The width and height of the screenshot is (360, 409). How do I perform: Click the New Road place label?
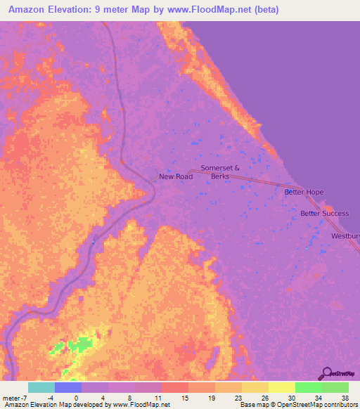[x=175, y=176]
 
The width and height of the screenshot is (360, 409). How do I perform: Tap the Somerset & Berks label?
[x=220, y=172]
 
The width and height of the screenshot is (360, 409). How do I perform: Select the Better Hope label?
[x=303, y=192]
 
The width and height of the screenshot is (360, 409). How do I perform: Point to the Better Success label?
[x=324, y=214]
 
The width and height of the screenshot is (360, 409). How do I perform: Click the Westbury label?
[x=345, y=236]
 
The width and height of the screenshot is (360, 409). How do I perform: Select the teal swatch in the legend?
[x=41, y=387]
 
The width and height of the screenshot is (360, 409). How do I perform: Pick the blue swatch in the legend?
[x=68, y=387]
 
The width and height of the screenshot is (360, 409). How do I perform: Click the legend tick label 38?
[x=344, y=397]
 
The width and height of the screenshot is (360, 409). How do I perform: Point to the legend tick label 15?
[x=184, y=397]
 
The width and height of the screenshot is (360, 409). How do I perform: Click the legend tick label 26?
[x=264, y=397]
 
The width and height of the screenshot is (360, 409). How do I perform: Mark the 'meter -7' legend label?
[x=14, y=397]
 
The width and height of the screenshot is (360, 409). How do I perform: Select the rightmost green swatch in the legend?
[x=335, y=387]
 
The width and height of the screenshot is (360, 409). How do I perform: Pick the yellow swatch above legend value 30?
[x=282, y=387]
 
